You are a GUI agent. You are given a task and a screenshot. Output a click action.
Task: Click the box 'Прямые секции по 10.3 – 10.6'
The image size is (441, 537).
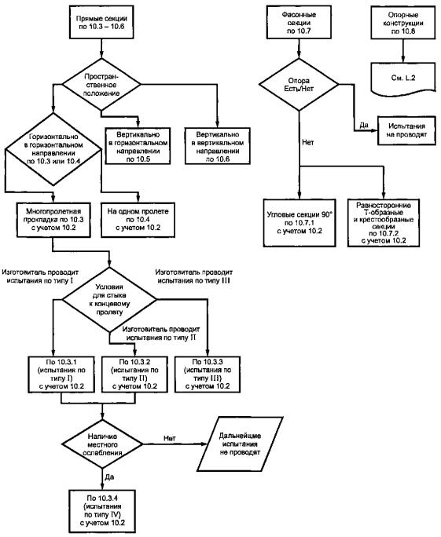[x=101, y=22]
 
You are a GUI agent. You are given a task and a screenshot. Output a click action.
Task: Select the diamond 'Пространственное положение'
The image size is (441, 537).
[x=101, y=84]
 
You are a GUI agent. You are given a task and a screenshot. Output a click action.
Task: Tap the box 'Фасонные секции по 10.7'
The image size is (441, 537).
[x=299, y=22]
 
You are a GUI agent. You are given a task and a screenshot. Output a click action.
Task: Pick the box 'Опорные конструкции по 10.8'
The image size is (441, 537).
[x=403, y=22]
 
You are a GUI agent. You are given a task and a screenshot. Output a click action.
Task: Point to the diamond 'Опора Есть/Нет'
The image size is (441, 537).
[x=299, y=85]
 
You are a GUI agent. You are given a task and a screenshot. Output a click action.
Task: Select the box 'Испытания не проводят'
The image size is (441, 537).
[x=406, y=130]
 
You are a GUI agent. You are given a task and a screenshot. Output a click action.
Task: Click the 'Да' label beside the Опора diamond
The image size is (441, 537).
[x=364, y=125]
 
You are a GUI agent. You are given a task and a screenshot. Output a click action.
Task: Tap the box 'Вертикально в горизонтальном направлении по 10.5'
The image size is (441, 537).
[x=138, y=146]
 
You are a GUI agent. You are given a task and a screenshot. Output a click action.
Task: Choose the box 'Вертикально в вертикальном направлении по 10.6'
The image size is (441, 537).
[x=218, y=146]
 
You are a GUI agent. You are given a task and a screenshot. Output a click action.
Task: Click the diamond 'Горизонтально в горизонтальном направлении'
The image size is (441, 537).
[x=53, y=149]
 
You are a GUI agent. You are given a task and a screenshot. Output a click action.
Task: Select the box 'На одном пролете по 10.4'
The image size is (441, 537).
[x=138, y=220]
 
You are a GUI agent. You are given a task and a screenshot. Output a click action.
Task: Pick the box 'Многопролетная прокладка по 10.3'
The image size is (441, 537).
[x=53, y=220]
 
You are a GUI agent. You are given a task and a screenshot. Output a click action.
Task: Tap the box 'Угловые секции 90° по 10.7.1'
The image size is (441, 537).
[x=300, y=223]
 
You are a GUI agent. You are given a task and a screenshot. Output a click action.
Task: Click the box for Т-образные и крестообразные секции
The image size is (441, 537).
[x=384, y=223]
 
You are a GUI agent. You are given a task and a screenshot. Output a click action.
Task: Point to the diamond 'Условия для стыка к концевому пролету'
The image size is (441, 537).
[x=109, y=300]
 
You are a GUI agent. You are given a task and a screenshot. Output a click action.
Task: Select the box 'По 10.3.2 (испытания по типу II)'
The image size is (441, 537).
[x=134, y=374]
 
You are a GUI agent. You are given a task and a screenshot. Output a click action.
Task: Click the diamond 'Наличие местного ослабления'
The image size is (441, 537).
[x=102, y=444]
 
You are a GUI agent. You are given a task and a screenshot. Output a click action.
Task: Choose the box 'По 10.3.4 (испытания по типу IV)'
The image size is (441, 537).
[x=102, y=511]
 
